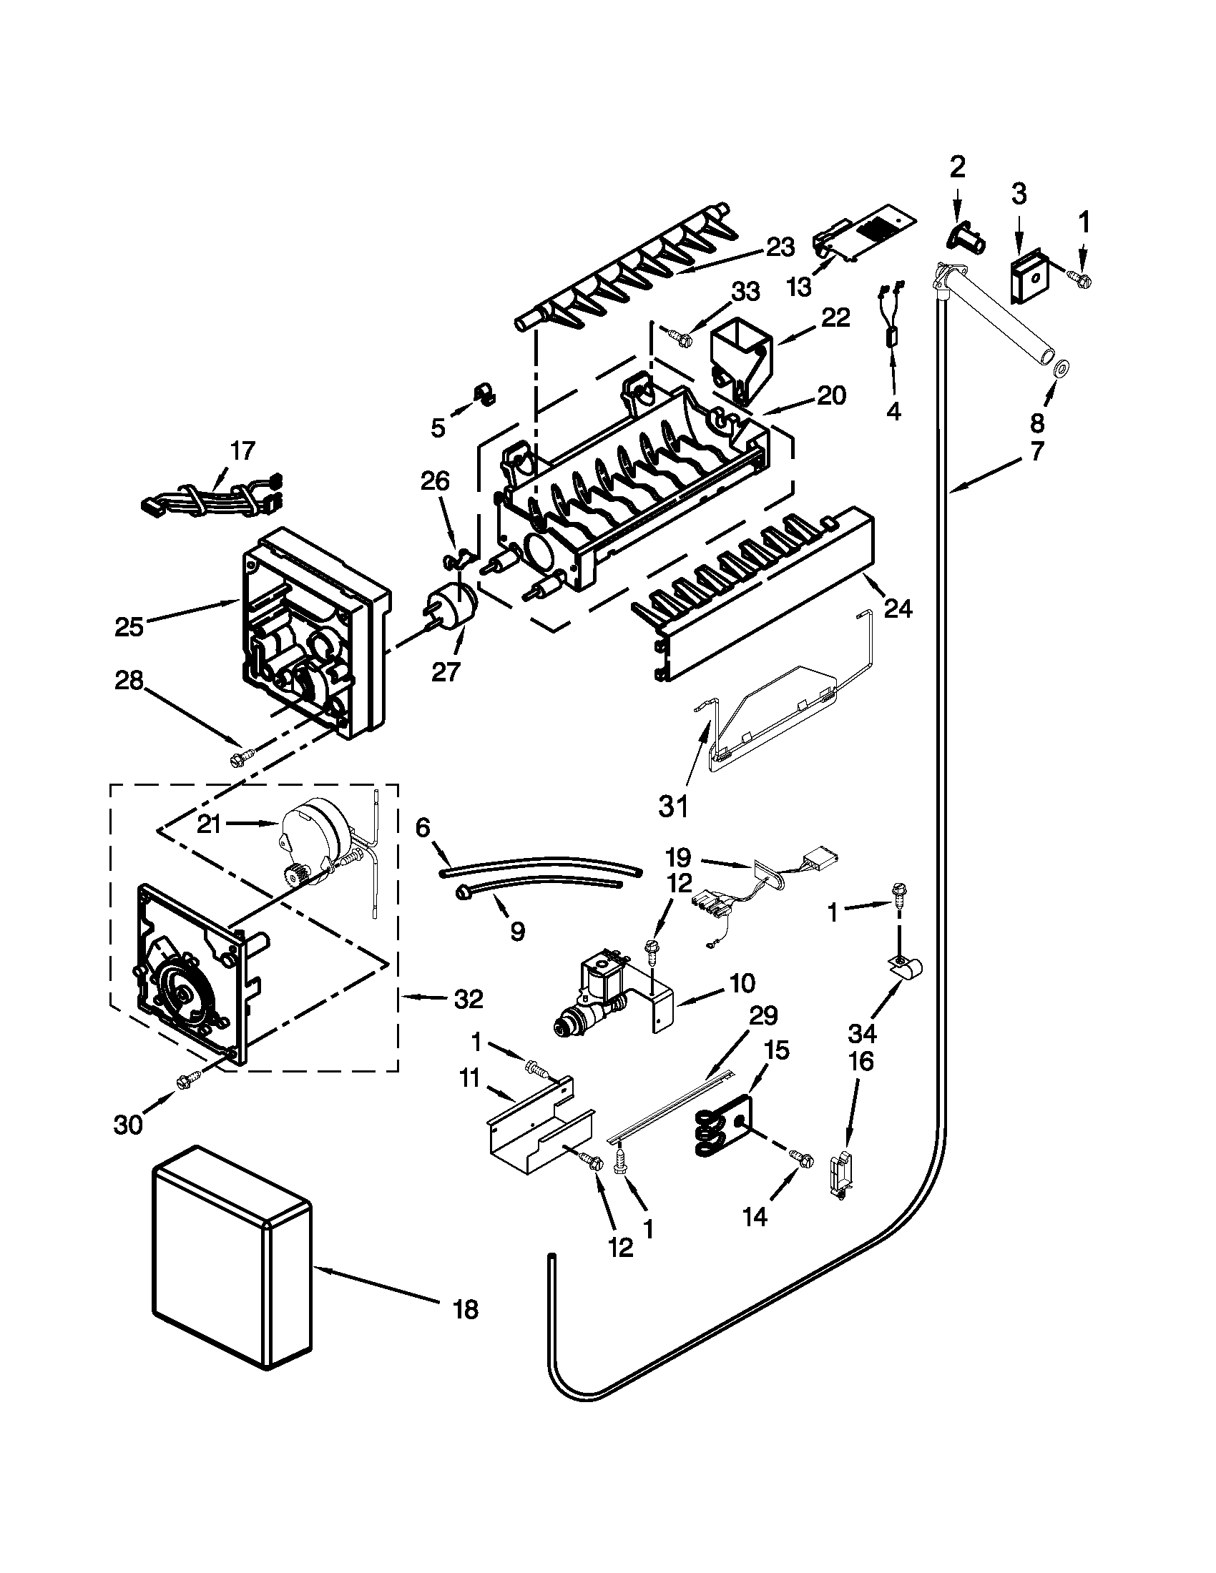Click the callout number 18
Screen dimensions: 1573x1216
(x=466, y=1309)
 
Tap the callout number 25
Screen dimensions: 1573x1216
(x=129, y=626)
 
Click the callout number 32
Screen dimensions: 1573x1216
(x=468, y=999)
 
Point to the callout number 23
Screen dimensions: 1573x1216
(x=779, y=247)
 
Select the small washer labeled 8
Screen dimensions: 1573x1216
(x=1061, y=371)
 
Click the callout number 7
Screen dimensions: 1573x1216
(x=1036, y=452)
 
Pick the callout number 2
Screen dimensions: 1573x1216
(x=956, y=167)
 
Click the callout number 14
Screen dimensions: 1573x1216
(x=755, y=1215)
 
